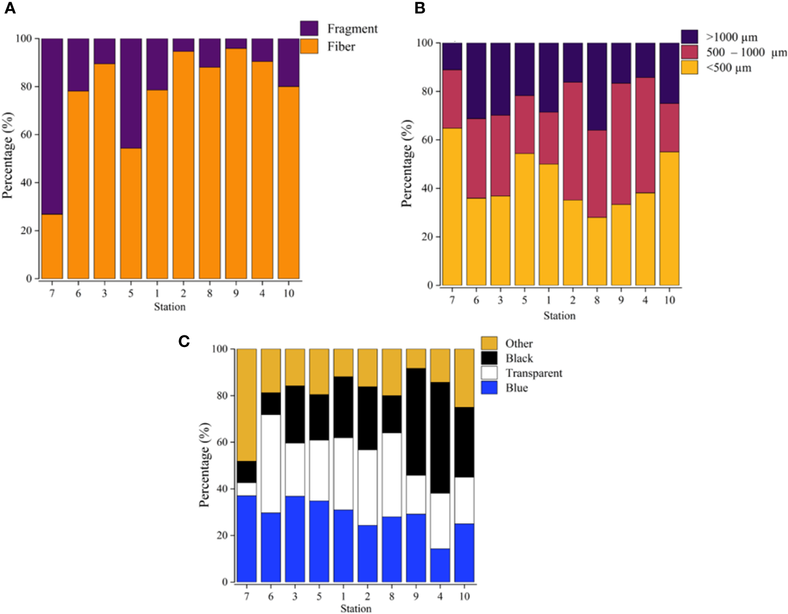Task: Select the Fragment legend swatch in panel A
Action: click(x=309, y=28)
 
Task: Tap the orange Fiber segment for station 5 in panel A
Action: click(x=131, y=214)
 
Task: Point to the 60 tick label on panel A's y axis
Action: click(x=26, y=135)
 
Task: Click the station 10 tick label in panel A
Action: click(x=289, y=293)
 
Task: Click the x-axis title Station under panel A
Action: click(x=170, y=307)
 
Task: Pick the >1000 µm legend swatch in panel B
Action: click(x=689, y=37)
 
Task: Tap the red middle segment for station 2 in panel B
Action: click(x=573, y=141)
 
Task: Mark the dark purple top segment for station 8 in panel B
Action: click(x=597, y=86)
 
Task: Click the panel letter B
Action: click(x=420, y=8)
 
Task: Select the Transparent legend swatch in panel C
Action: click(x=489, y=373)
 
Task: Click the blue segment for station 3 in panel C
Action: click(x=295, y=539)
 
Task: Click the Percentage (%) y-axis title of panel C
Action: click(x=205, y=464)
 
